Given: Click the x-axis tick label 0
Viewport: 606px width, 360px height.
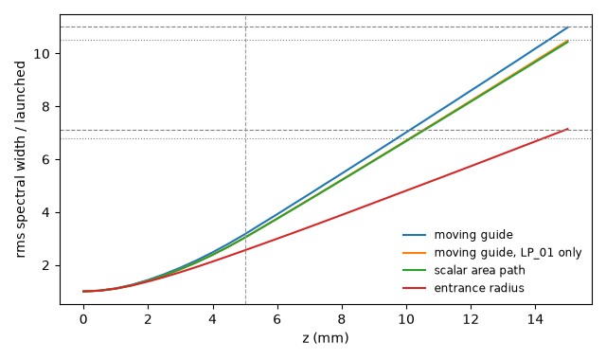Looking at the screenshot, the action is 83,320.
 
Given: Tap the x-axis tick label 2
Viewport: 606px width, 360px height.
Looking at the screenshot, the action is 148,320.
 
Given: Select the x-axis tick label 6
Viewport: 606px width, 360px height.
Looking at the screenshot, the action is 277,320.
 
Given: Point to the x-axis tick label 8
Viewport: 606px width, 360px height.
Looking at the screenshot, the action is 342,320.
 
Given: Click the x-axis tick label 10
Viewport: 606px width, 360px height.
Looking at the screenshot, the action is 406,320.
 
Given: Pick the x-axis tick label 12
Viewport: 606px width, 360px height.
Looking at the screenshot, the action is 471,320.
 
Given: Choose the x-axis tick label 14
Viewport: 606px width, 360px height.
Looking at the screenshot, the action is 535,320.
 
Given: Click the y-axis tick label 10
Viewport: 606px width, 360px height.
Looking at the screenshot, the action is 42,54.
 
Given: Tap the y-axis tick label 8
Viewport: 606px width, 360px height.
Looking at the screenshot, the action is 46,107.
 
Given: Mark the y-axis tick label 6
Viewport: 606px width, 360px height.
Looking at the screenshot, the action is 46,160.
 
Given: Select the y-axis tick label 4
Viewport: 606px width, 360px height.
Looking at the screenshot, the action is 46,213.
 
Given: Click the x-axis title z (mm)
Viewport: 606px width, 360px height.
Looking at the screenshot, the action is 326,338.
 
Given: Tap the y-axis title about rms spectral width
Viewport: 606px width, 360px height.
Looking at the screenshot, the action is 21,159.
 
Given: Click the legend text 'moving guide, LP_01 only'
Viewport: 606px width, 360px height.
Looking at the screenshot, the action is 508,253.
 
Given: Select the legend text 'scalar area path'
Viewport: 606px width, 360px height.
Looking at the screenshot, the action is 480,270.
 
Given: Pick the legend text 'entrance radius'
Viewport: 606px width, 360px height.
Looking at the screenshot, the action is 479,288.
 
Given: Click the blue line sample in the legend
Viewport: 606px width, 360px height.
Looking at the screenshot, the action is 414,235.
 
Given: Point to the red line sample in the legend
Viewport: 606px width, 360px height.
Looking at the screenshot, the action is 414,288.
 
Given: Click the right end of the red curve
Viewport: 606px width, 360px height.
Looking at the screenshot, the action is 568,129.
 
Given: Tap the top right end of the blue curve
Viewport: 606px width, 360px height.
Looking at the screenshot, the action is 568,27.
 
